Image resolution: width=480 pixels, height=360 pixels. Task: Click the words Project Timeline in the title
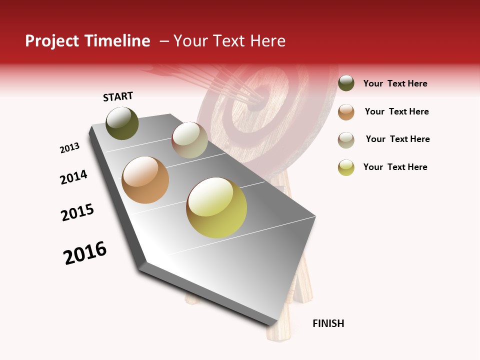click(87, 41)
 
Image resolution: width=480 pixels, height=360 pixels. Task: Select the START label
click(118, 96)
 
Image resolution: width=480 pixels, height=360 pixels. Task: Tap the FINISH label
click(328, 323)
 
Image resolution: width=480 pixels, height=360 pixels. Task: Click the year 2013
click(70, 148)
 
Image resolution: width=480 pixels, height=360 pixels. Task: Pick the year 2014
click(73, 177)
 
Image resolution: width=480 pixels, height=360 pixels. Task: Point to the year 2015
click(77, 212)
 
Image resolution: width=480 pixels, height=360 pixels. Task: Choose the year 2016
click(85, 253)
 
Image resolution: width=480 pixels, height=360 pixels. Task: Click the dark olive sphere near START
click(122, 123)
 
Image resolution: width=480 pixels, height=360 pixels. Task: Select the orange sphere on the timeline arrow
click(145, 180)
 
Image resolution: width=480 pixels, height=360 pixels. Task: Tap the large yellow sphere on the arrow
click(216, 207)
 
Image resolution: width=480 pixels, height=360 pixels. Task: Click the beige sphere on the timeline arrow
click(189, 140)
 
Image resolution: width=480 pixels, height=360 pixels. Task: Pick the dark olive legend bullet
click(346, 83)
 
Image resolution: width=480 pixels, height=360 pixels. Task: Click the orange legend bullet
click(346, 111)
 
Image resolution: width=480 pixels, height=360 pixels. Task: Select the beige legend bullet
click(346, 139)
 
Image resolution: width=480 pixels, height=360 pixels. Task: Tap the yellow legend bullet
click(346, 167)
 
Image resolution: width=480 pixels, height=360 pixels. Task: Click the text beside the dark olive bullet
click(395, 83)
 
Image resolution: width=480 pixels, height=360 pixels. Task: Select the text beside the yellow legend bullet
click(395, 167)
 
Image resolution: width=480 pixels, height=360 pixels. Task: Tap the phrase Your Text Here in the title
click(229, 41)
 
